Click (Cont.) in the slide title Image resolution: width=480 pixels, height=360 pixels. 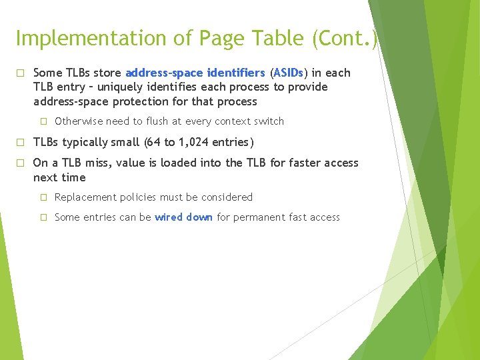[345, 39]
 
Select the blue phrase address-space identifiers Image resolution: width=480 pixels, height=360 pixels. [195, 73]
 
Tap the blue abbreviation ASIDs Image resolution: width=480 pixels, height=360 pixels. [289, 73]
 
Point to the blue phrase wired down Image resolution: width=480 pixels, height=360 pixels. [183, 217]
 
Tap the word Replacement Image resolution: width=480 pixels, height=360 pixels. [85, 197]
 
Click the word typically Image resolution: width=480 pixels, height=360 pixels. [91, 142]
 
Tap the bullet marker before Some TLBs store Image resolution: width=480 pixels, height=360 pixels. [20, 73]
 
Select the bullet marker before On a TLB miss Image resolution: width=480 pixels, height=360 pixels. [20, 163]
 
